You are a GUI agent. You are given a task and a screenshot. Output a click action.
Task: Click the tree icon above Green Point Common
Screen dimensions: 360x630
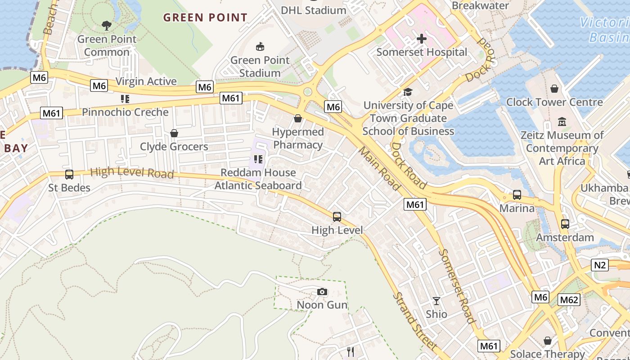pyautogui.click(x=106, y=26)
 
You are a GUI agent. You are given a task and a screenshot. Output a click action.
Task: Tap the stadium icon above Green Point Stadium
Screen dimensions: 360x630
pyautogui.click(x=260, y=46)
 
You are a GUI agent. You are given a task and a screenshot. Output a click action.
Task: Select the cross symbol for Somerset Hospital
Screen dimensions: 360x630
pyautogui.click(x=421, y=39)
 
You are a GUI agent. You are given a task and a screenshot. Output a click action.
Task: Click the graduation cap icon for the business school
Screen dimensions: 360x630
pyautogui.click(x=408, y=92)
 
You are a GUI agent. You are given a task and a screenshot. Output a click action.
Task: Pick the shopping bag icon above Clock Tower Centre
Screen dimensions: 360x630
pyautogui.click(x=554, y=89)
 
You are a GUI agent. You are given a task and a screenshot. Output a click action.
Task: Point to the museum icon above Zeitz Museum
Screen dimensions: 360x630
pyautogui.click(x=562, y=121)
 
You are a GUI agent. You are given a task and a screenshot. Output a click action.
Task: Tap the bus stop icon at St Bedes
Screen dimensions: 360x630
pyautogui.click(x=69, y=175)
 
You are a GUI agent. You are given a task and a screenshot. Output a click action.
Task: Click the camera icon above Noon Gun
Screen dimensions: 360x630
pyautogui.click(x=322, y=292)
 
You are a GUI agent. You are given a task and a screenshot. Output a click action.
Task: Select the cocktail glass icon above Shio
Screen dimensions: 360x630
pyautogui.click(x=436, y=301)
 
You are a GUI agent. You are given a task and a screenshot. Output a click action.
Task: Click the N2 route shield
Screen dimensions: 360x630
pyautogui.click(x=600, y=265)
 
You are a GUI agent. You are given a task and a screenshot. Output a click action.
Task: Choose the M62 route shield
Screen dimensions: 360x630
pyautogui.click(x=569, y=300)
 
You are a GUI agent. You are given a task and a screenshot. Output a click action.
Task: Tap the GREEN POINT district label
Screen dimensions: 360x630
pyautogui.click(x=205, y=18)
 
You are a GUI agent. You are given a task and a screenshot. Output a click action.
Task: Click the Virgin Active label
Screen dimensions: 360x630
pyautogui.click(x=146, y=81)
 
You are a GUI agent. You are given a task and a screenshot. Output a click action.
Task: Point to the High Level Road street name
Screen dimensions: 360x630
pyautogui.click(x=132, y=172)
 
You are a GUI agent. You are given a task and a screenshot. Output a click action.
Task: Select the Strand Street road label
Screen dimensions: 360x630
pyautogui.click(x=414, y=321)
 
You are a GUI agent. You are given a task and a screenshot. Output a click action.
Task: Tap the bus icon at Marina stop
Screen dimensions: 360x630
pyautogui.click(x=517, y=195)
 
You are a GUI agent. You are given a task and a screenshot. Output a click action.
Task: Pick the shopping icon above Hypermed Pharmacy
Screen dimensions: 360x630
pyautogui.click(x=297, y=118)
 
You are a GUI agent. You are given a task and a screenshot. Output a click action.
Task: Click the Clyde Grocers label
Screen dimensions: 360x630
pyautogui.click(x=174, y=147)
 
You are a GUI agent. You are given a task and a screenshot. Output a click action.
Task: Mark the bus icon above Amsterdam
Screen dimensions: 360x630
pyautogui.click(x=565, y=224)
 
